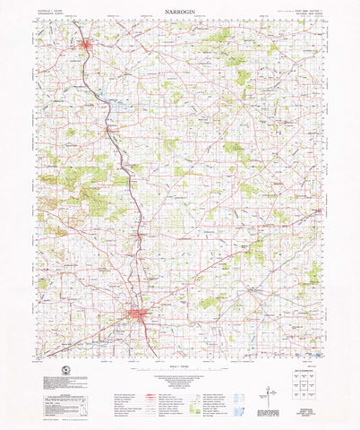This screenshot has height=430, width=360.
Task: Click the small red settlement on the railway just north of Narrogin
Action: click(x=141, y=234)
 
